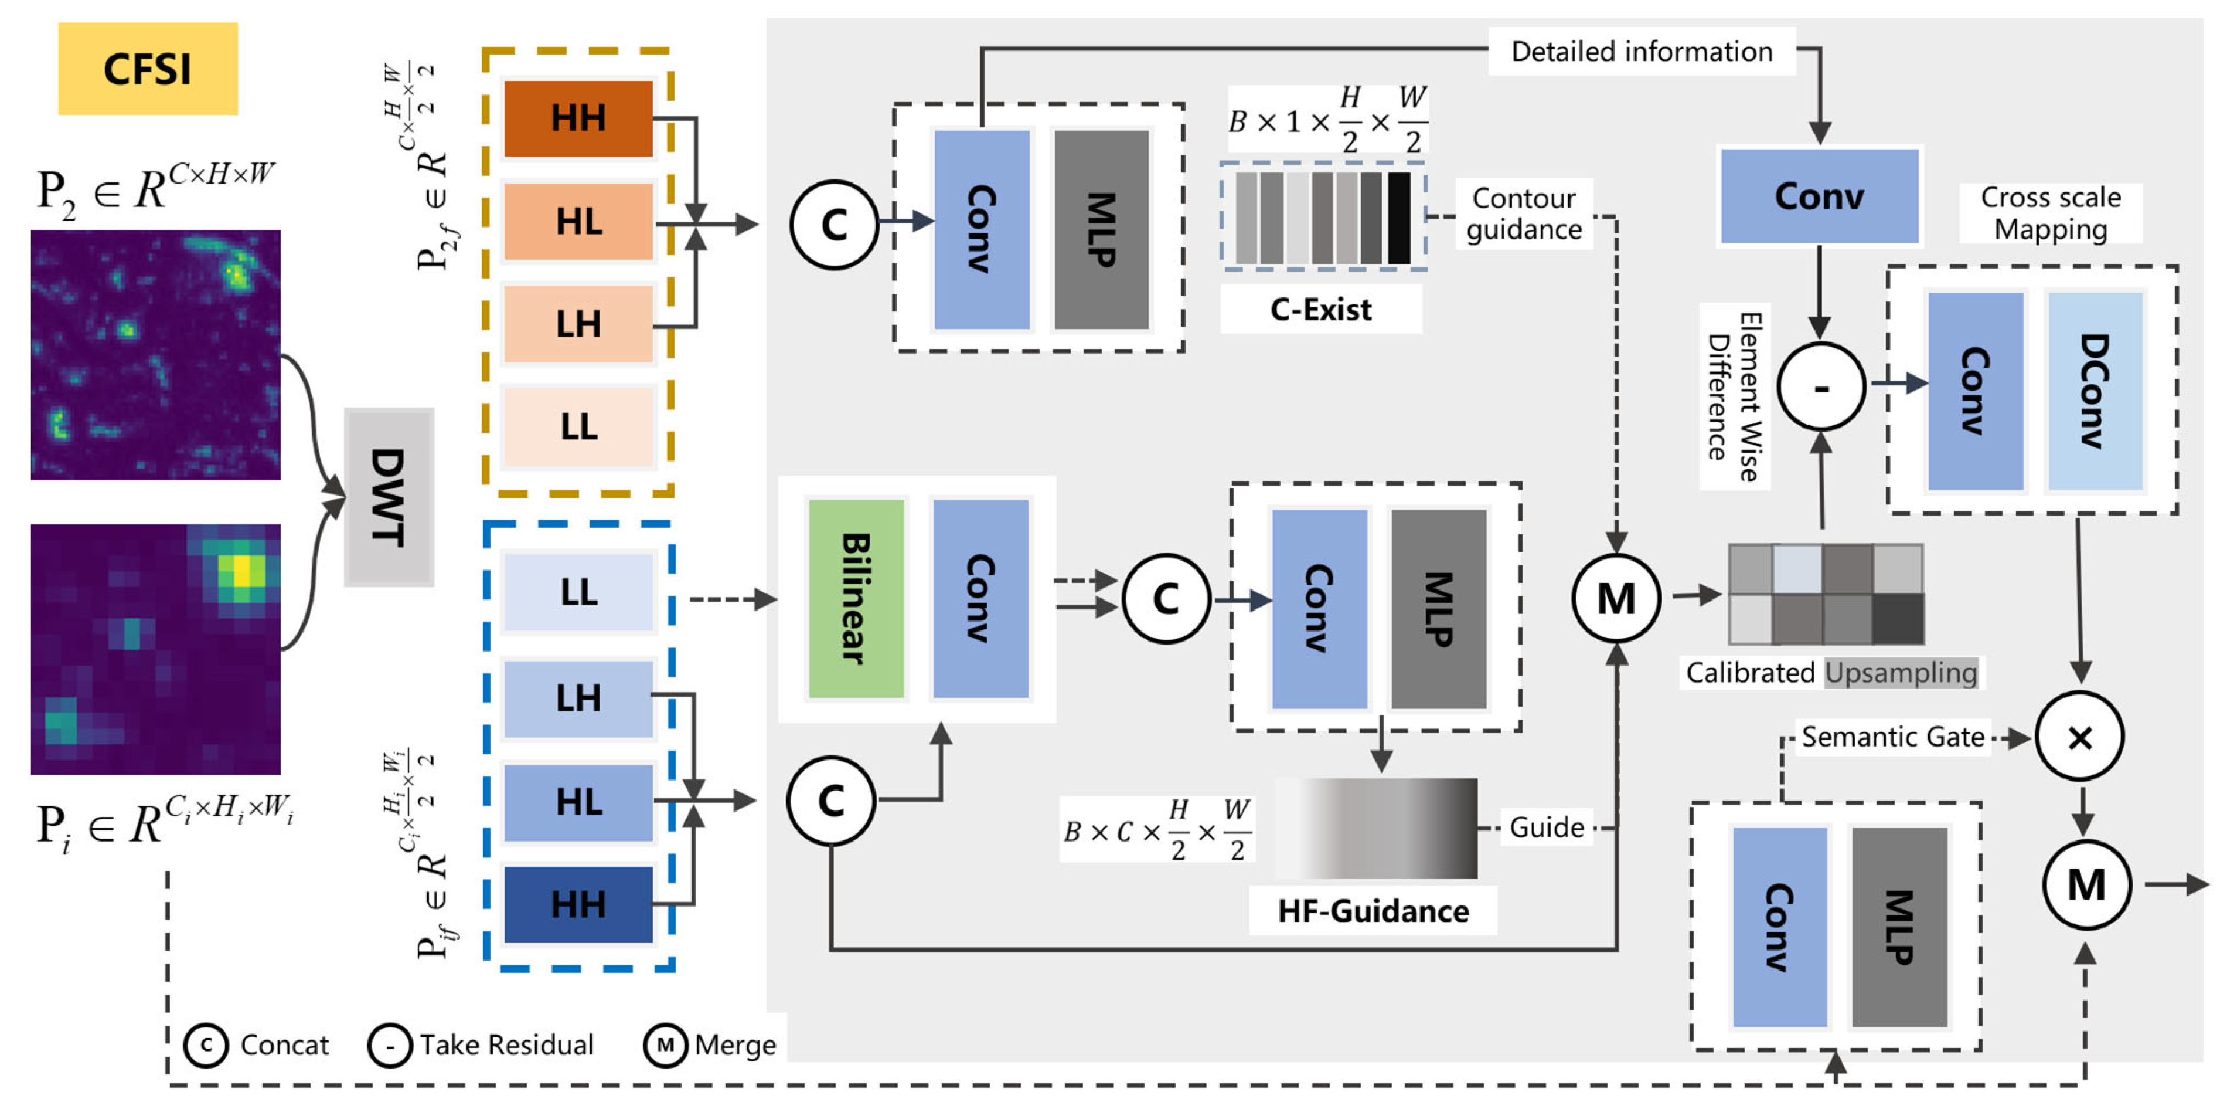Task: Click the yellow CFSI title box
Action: [148, 69]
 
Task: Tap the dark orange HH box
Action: [578, 118]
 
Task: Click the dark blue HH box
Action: [578, 904]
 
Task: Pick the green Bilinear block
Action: [856, 599]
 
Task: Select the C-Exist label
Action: [1320, 309]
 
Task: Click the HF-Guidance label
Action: [1373, 911]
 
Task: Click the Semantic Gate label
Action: [1892, 737]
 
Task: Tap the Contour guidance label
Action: [1524, 213]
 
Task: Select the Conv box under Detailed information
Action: [1819, 196]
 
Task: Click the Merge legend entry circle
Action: [665, 1045]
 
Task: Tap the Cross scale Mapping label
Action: [2051, 213]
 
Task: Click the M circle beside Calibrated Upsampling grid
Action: [1616, 598]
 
